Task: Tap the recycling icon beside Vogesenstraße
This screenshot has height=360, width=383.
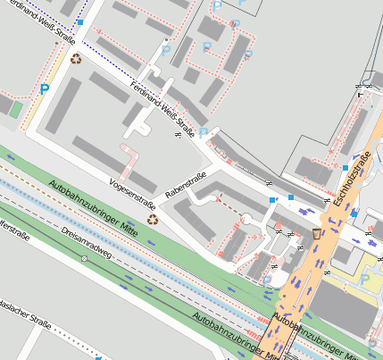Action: click(x=153, y=218)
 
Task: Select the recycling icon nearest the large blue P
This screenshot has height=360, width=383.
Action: click(x=76, y=59)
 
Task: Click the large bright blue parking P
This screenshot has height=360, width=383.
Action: click(x=45, y=89)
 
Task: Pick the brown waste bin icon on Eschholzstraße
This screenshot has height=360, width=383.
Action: click(x=317, y=233)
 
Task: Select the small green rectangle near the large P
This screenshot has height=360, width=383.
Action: click(x=15, y=108)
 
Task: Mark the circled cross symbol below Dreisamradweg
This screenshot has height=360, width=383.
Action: click(x=84, y=258)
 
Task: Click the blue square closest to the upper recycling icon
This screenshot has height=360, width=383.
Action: click(x=80, y=21)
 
